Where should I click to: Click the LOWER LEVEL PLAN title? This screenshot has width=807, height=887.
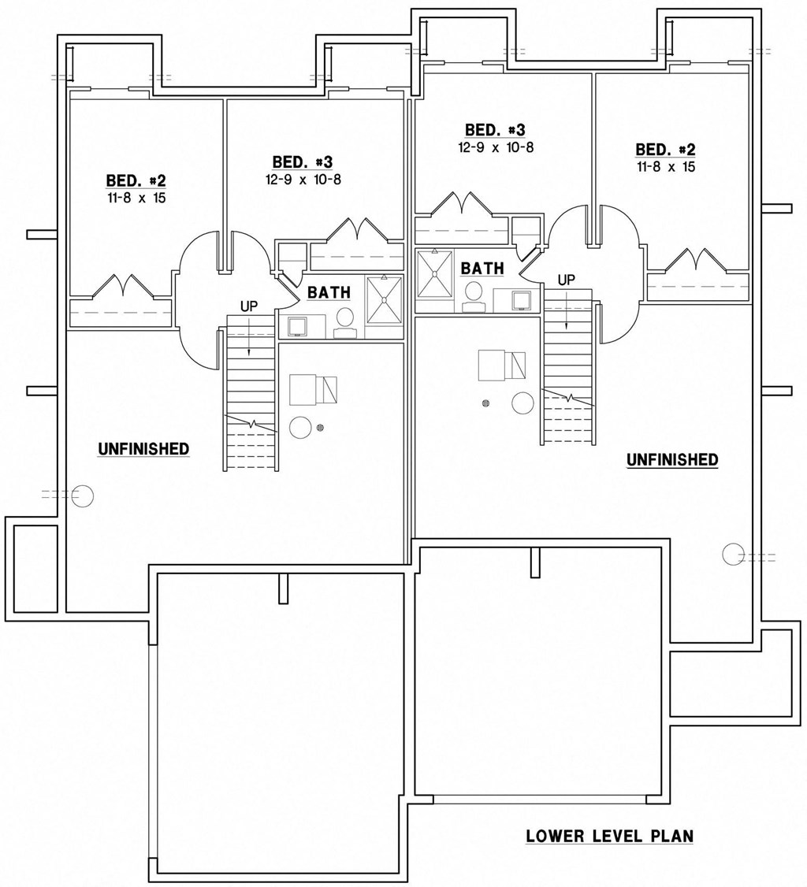(x=609, y=836)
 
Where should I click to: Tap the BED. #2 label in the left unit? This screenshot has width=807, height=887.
(x=136, y=180)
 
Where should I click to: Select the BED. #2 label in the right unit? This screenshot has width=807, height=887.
(x=665, y=150)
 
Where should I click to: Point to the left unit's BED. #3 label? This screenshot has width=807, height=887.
(x=303, y=162)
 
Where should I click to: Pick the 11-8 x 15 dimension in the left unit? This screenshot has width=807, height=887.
(x=136, y=198)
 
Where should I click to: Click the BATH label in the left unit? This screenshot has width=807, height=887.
(x=329, y=293)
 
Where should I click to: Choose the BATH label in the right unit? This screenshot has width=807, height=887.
(x=482, y=269)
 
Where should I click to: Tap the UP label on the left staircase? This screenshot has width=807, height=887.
(x=249, y=306)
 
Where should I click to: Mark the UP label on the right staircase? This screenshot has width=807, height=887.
(x=566, y=280)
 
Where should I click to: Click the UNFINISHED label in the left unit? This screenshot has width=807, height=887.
(x=143, y=449)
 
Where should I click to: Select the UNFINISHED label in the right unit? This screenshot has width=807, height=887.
(x=671, y=460)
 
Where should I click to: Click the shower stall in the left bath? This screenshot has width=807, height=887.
(x=385, y=300)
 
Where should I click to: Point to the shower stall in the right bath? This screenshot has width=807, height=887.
(x=434, y=274)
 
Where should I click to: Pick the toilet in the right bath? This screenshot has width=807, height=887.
(x=474, y=293)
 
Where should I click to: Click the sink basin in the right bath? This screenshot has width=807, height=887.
(x=520, y=299)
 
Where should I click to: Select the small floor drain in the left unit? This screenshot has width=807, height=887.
(x=321, y=428)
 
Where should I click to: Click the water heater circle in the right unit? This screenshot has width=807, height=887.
(x=523, y=403)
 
